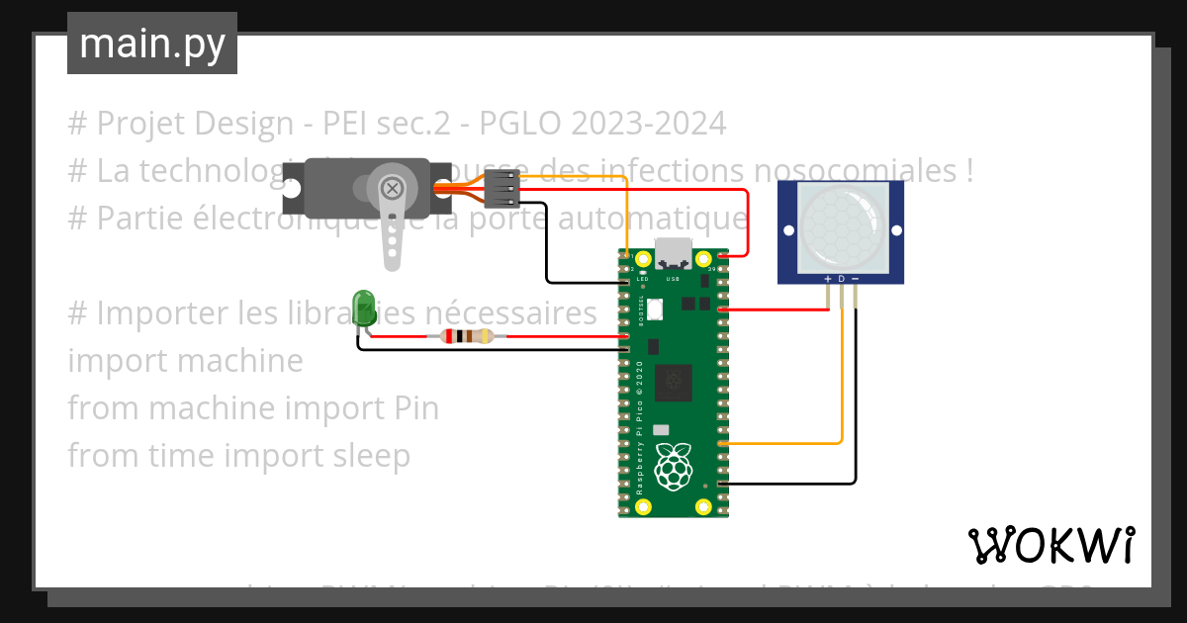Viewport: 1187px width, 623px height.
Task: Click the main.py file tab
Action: [x=152, y=44]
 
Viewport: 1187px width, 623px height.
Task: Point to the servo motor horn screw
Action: [x=393, y=188]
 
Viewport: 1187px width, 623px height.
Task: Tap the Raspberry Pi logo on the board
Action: [x=675, y=467]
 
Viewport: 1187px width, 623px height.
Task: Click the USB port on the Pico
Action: [x=675, y=256]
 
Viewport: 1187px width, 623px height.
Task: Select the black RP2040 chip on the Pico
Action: [x=677, y=377]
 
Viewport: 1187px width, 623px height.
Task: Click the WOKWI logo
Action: [x=1050, y=545]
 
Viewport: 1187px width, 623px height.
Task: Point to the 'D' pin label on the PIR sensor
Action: [x=842, y=280]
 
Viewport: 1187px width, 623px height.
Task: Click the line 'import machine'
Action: [x=185, y=361]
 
